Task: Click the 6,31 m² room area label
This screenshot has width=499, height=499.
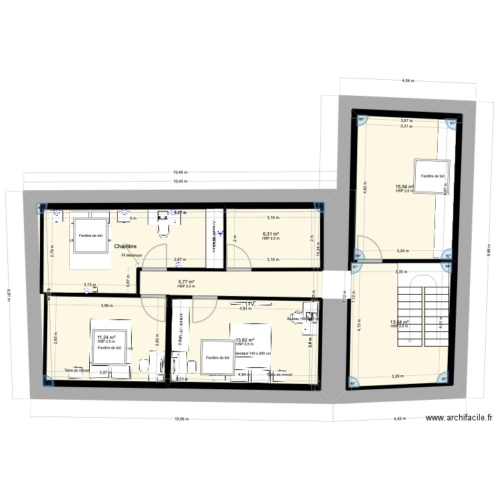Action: [x=271, y=234]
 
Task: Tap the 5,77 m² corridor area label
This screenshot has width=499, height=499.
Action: [x=186, y=281]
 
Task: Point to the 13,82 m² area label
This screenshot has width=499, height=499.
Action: [x=246, y=339]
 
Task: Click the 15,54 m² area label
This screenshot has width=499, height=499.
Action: [x=405, y=186]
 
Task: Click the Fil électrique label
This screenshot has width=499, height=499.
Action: [x=132, y=255]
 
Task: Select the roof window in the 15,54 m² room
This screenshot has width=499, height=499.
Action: [x=431, y=176]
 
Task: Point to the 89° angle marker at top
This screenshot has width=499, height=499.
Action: [x=363, y=120]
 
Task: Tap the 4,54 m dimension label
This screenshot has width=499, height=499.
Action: [x=407, y=81]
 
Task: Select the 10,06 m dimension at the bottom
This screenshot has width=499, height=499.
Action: [x=181, y=419]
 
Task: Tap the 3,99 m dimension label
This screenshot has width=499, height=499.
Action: [x=106, y=305]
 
